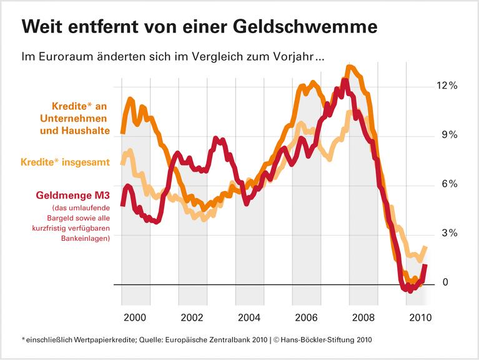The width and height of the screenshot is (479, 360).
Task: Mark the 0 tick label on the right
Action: point(445,283)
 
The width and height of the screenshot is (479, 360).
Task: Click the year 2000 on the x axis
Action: point(136,316)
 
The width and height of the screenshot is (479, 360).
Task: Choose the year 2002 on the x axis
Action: point(192,316)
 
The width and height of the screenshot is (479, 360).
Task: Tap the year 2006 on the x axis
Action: point(307,316)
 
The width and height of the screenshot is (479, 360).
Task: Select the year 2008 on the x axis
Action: point(364,316)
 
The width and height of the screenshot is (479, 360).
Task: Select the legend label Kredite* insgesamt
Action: point(65,162)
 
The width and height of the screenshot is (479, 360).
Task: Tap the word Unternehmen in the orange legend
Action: point(77,119)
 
